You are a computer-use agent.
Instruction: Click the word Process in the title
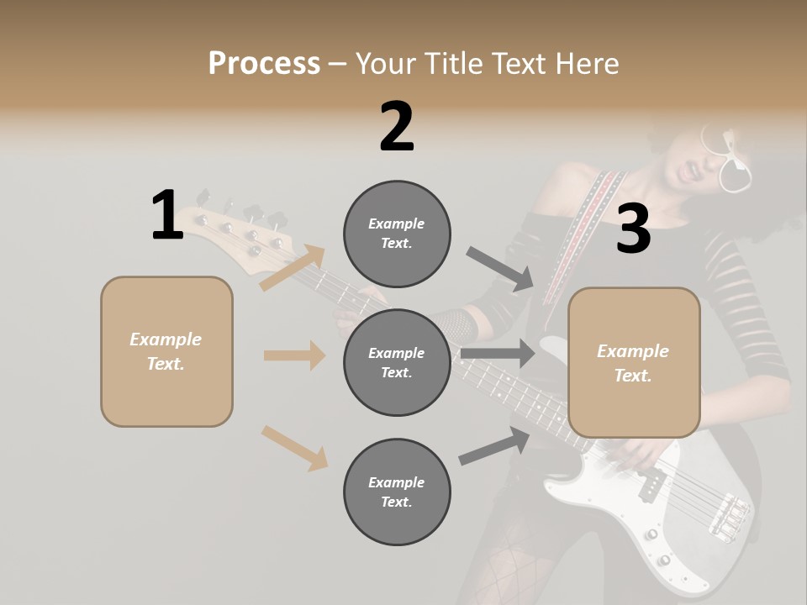click(264, 63)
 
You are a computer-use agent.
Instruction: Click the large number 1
click(167, 216)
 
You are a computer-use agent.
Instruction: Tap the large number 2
click(397, 127)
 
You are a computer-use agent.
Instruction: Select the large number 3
click(633, 229)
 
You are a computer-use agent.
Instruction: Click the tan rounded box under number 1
click(166, 351)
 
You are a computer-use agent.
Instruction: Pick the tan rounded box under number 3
click(634, 362)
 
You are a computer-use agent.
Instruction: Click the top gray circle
click(397, 234)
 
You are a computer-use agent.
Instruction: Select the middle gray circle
click(397, 362)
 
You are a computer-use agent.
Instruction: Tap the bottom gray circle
click(397, 492)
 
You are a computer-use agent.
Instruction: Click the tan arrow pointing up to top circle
click(293, 268)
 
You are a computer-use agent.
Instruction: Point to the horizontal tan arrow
click(294, 355)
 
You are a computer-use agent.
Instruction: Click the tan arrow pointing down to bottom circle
click(294, 448)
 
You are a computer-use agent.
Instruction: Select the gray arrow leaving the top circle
click(499, 269)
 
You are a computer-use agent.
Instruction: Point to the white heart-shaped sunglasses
click(728, 160)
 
